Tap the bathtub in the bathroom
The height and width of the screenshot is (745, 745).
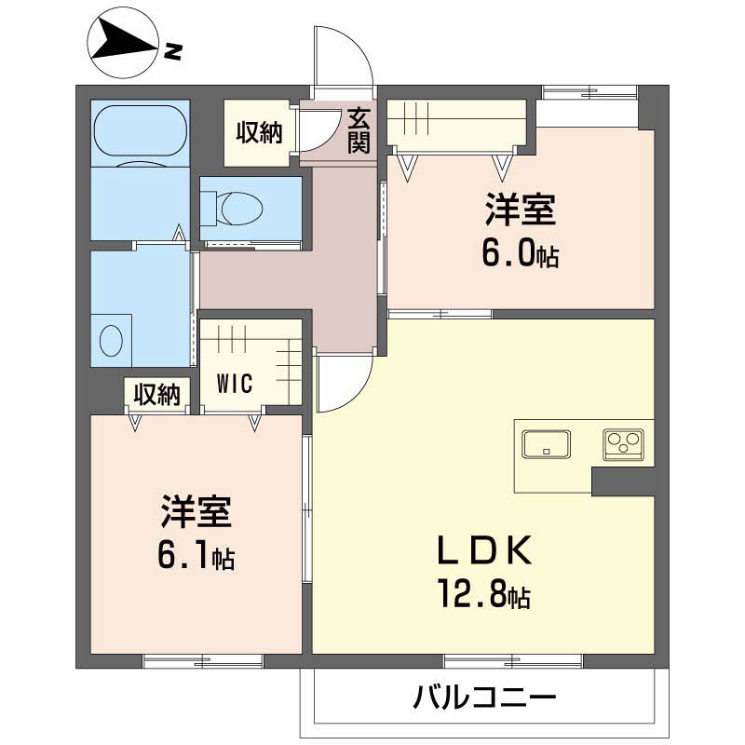tap(140, 131)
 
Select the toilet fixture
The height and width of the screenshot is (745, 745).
tap(237, 207)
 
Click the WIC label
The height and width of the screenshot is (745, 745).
tap(237, 385)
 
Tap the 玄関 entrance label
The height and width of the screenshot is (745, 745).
tap(359, 129)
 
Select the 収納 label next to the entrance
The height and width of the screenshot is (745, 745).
tap(257, 133)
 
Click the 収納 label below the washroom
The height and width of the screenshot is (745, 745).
tap(156, 395)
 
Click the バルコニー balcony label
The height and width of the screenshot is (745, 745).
tap(484, 697)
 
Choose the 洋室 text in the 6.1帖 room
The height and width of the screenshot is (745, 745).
tap(196, 512)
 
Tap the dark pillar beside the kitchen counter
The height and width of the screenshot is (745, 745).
tap(623, 481)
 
